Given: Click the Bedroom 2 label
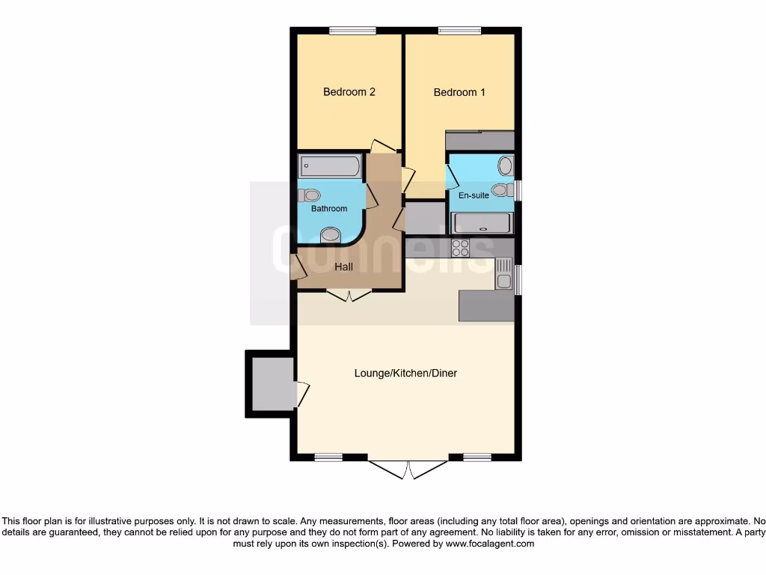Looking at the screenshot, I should tap(349, 92).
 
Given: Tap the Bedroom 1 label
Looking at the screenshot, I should tap(459, 92).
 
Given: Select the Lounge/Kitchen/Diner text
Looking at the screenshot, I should tap(405, 373).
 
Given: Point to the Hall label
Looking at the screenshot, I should tap(343, 267).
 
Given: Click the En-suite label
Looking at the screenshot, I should tap(474, 195).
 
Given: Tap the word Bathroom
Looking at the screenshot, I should tap(329, 209).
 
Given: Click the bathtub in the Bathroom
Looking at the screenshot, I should tap(329, 166).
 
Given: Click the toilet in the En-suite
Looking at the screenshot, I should tap(502, 189).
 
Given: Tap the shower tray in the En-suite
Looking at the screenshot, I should tap(482, 223).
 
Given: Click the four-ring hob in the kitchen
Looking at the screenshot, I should tap(460, 248).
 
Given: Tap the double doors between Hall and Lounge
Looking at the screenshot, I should tap(350, 294).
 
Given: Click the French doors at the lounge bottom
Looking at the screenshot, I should tap(408, 468).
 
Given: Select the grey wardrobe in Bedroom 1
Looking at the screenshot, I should tap(479, 141).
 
